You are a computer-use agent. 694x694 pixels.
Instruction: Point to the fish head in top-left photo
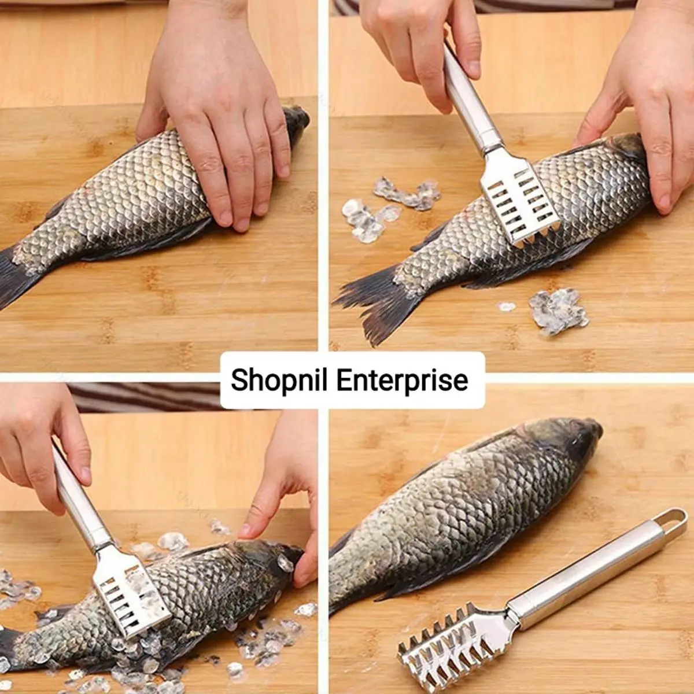coord(295,124)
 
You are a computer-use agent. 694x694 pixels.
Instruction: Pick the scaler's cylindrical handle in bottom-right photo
coord(584,578)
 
